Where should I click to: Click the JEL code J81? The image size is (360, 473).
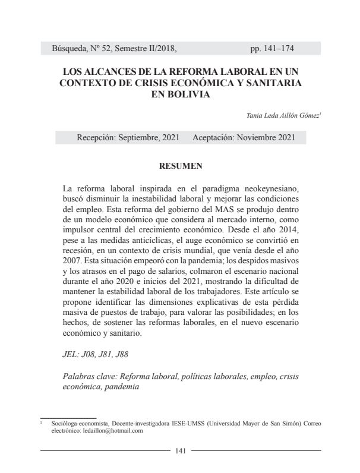[103, 354]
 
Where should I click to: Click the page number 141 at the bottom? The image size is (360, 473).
[181, 450]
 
